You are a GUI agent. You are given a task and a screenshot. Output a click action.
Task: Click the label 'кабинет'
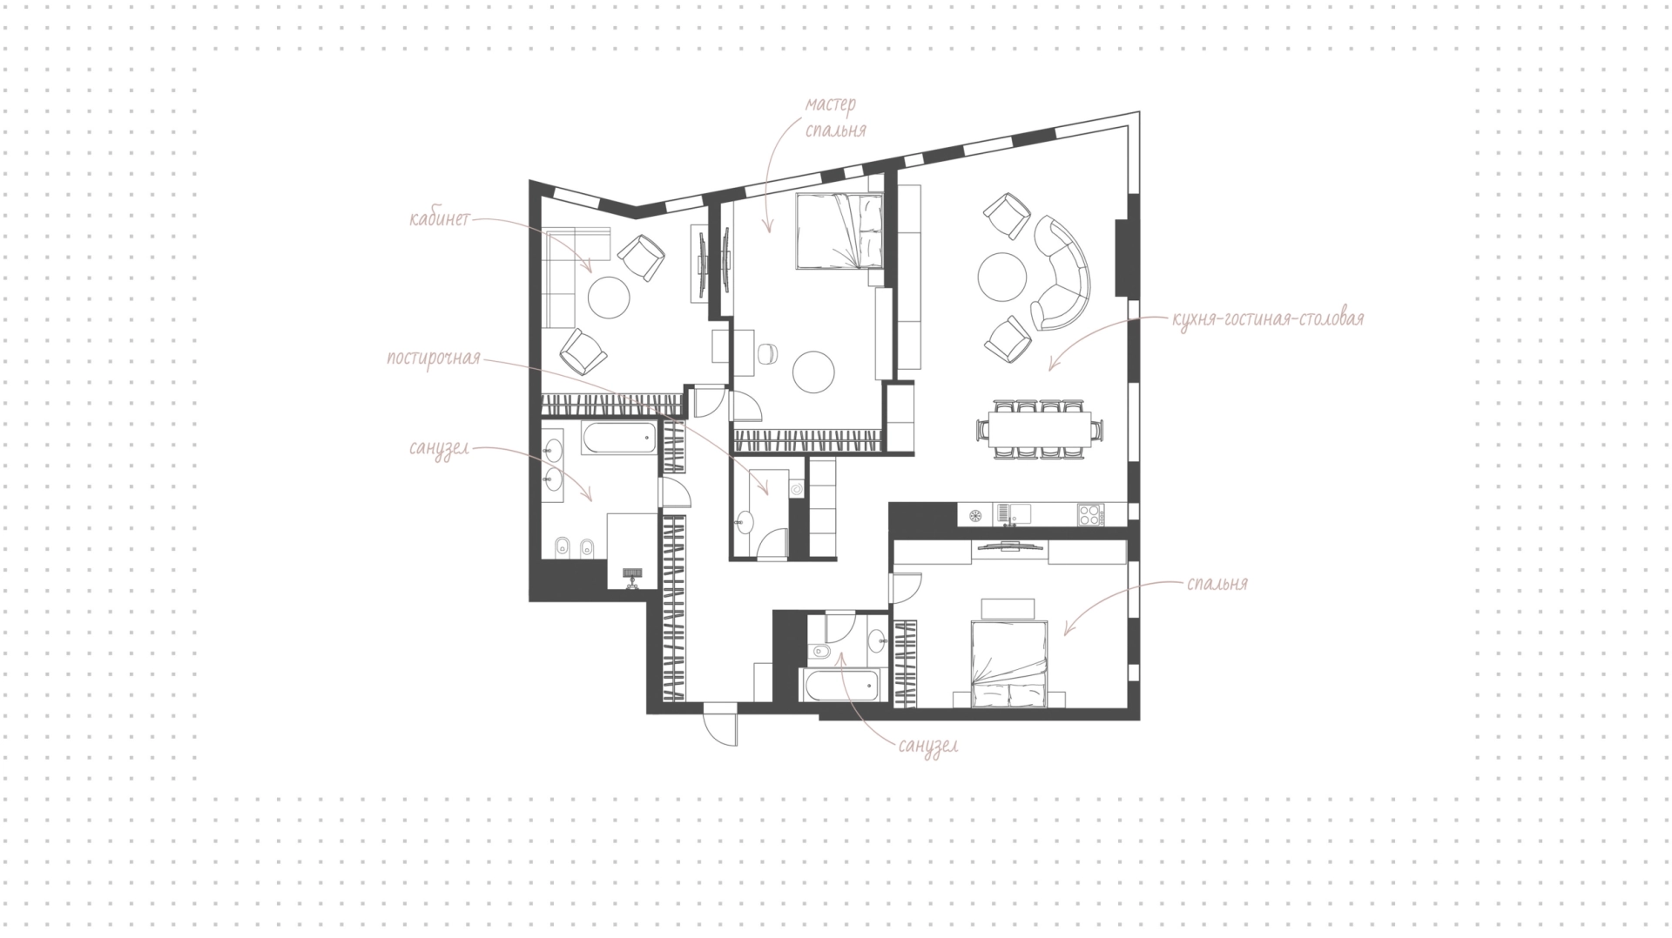tap(439, 218)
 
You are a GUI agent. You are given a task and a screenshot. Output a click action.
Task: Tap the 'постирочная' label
tap(434, 358)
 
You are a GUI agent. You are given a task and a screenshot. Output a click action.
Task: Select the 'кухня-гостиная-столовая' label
tap(1268, 318)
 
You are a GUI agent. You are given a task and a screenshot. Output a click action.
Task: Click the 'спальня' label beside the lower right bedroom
tap(1217, 583)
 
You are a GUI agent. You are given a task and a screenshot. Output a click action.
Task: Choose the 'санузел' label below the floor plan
tap(929, 746)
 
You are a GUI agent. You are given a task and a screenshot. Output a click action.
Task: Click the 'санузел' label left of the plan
tap(439, 450)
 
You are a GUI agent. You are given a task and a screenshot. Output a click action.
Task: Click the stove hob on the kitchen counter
tap(1089, 514)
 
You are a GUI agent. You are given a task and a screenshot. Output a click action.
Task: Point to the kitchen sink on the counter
tap(1013, 514)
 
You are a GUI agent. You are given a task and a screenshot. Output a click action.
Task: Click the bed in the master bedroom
tap(840, 231)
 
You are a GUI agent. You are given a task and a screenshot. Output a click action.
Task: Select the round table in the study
tap(609, 297)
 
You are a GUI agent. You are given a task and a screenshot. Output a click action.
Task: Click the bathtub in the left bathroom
tap(619, 439)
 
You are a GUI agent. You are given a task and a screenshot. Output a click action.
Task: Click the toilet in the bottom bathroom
tap(820, 653)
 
